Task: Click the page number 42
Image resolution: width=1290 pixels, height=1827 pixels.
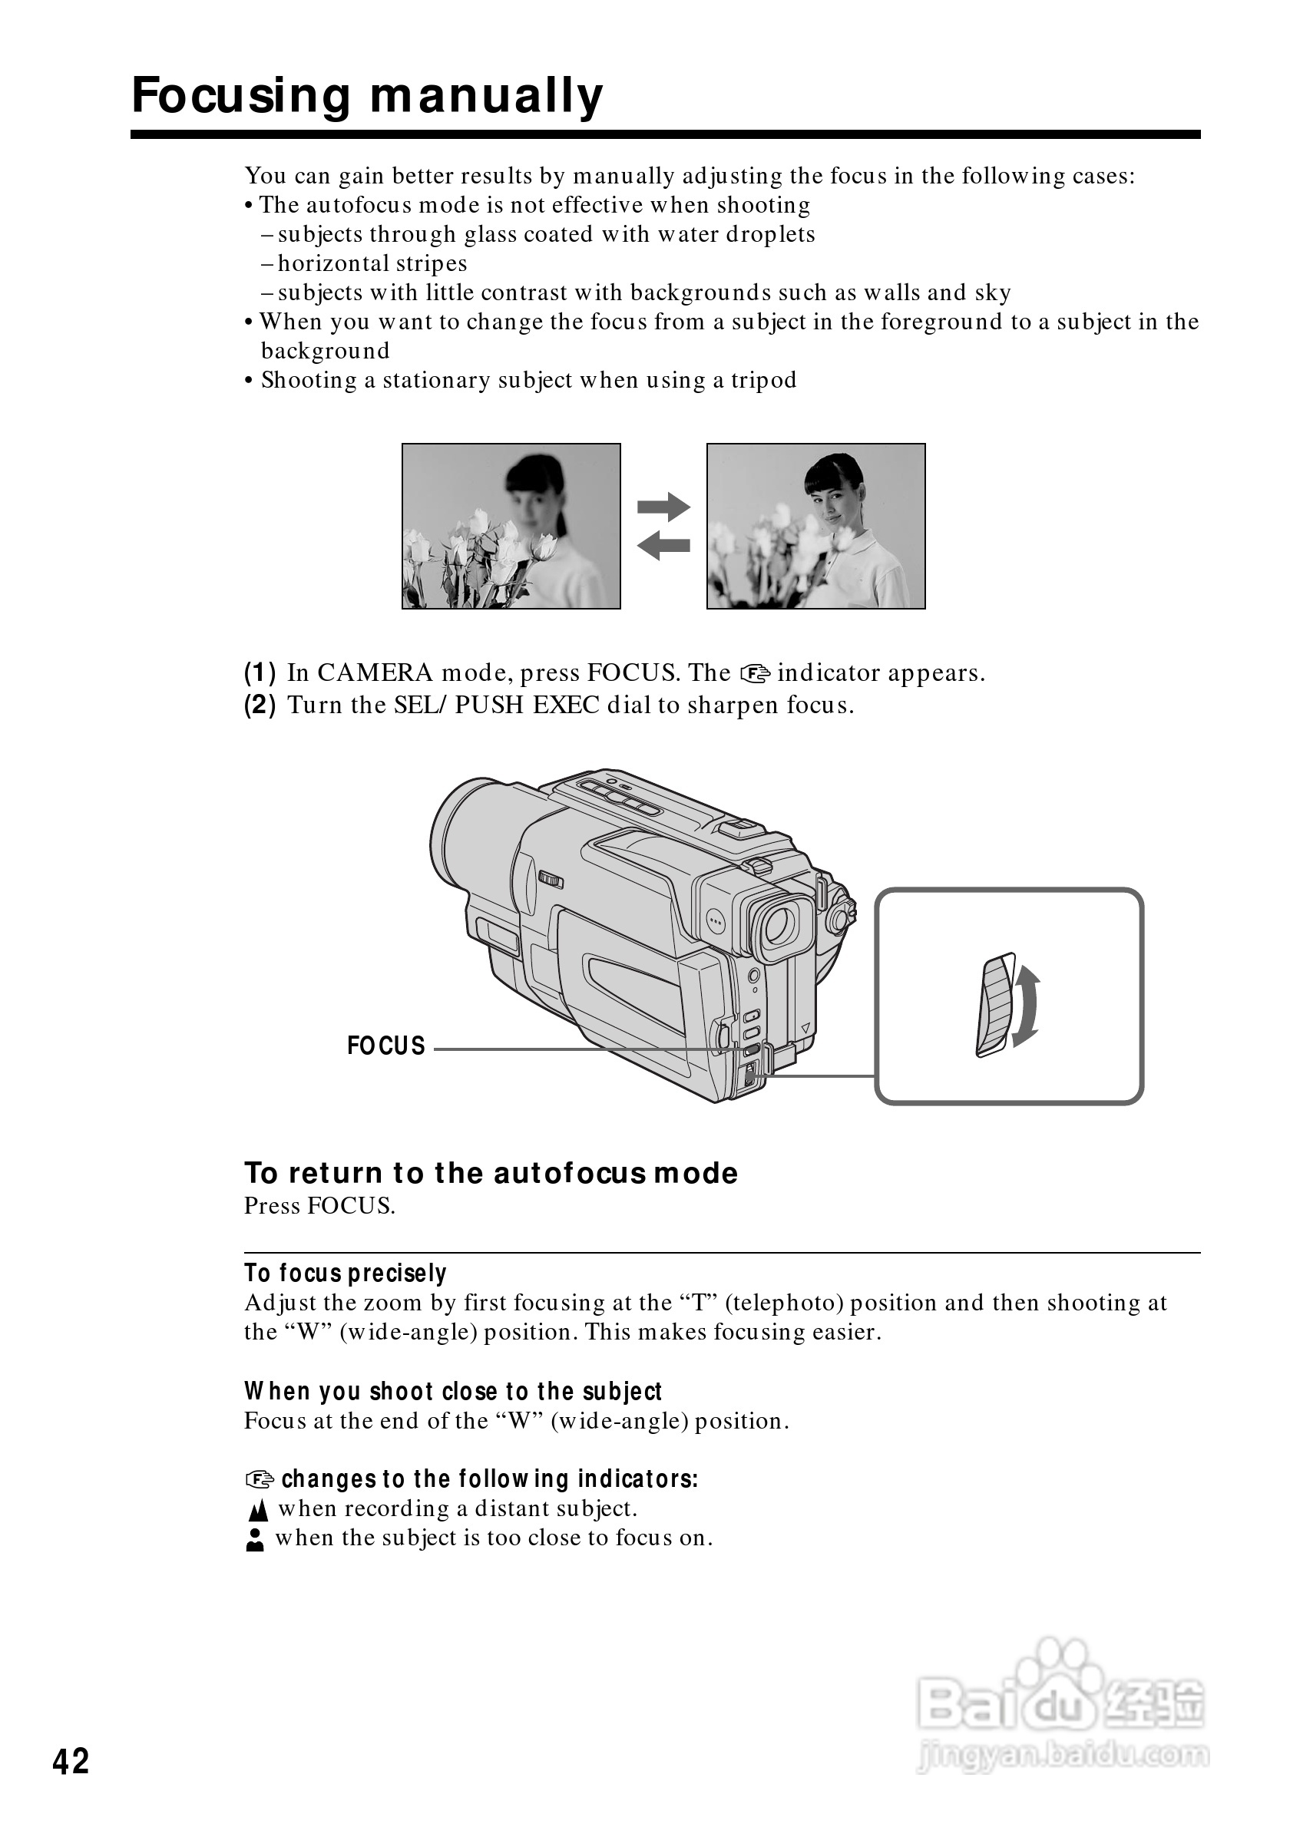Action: (x=71, y=1762)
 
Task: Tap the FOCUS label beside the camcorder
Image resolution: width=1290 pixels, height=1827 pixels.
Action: (x=386, y=1046)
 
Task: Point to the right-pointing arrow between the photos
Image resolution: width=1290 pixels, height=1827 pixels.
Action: (x=663, y=506)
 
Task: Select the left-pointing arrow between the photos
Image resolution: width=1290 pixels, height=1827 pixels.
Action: (x=663, y=545)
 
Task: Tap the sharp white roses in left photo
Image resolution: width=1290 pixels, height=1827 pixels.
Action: (x=478, y=549)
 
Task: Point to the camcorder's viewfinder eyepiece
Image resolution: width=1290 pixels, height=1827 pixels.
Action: (x=779, y=926)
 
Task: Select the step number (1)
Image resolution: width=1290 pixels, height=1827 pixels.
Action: (x=260, y=673)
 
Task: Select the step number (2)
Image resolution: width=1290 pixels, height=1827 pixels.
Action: (x=260, y=705)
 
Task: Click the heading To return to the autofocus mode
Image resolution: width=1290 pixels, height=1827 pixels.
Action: (x=490, y=1173)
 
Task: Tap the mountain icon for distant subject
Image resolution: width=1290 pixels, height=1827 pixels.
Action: (x=258, y=1510)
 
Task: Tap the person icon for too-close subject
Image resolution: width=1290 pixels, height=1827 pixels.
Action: (x=255, y=1540)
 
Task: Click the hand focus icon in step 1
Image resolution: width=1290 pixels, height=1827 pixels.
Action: (x=755, y=674)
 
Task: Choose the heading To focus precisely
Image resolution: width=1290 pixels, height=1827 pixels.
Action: (x=345, y=1274)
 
